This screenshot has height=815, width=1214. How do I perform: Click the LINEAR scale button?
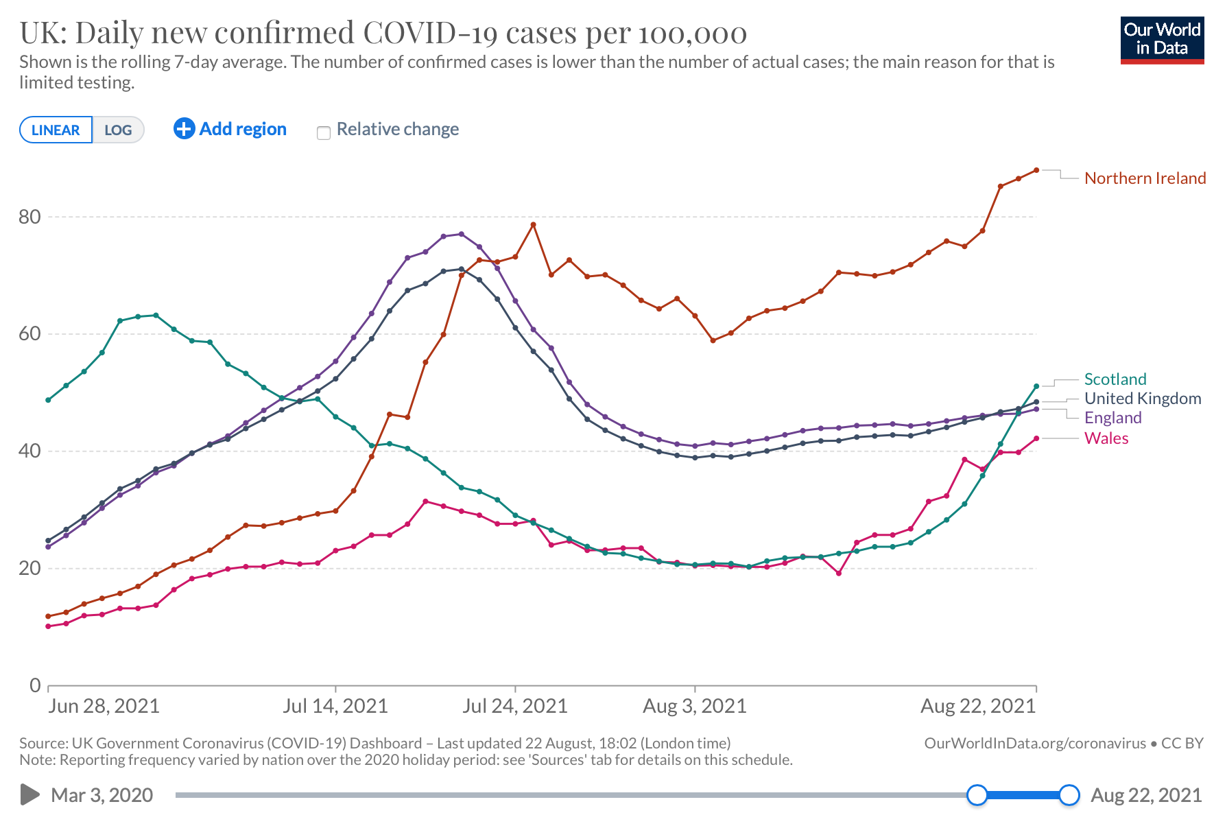(x=56, y=130)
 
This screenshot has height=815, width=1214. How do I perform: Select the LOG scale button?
(x=118, y=130)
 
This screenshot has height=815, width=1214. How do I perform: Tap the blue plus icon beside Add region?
(x=184, y=129)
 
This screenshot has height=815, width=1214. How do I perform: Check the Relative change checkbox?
(x=324, y=132)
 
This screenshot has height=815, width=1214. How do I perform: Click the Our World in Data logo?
(x=1162, y=40)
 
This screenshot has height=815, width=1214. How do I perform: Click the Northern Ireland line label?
(x=1145, y=178)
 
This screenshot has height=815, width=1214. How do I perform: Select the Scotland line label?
(x=1115, y=379)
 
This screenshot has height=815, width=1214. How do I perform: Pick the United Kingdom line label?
(x=1143, y=399)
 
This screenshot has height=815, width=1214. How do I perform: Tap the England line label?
(x=1112, y=418)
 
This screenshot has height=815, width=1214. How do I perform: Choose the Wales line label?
(x=1106, y=438)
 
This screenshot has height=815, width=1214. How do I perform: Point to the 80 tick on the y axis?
(x=30, y=217)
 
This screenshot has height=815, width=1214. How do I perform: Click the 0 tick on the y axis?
(x=35, y=685)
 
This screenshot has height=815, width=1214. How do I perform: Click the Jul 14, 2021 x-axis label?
(x=335, y=706)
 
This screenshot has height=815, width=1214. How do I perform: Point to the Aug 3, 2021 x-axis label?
(x=695, y=706)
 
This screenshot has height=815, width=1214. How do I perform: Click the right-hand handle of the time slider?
(x=1069, y=795)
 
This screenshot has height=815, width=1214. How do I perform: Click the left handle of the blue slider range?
(x=977, y=795)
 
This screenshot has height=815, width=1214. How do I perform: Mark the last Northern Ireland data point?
(x=1036, y=170)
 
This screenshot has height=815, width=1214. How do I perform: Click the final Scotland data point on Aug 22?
(x=1036, y=386)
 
